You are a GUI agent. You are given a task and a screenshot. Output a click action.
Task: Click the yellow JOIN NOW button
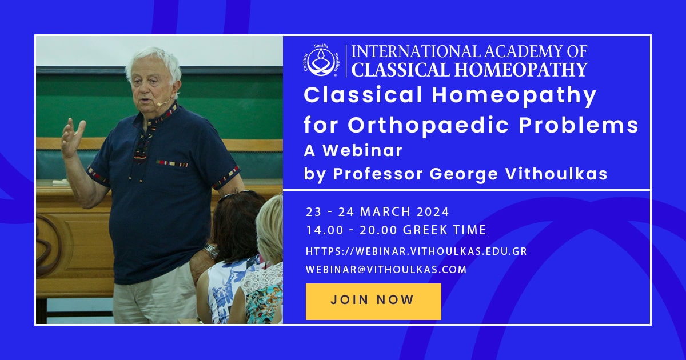click(x=373, y=302)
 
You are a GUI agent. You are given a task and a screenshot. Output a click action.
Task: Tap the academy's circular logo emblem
click(x=321, y=61)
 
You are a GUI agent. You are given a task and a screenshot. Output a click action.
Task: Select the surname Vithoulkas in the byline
click(x=556, y=174)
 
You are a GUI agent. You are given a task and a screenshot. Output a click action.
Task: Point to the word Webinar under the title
click(x=362, y=150)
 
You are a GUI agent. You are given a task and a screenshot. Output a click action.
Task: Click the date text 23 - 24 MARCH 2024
click(x=377, y=212)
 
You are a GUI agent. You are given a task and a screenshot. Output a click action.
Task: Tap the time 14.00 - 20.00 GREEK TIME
click(x=396, y=230)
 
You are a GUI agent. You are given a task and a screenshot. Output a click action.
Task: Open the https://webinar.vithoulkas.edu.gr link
click(x=416, y=251)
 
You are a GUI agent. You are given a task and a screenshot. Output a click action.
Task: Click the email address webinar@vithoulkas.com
click(x=386, y=270)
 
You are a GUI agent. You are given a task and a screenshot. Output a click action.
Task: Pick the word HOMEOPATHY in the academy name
click(x=521, y=70)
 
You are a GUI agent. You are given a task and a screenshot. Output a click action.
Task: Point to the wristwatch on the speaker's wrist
click(x=211, y=251)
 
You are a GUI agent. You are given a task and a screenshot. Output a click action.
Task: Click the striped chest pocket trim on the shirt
click(x=172, y=163)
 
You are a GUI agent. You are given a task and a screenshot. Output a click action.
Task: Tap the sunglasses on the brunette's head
click(x=237, y=195)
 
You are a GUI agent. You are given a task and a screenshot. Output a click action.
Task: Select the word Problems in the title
click(x=579, y=125)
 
